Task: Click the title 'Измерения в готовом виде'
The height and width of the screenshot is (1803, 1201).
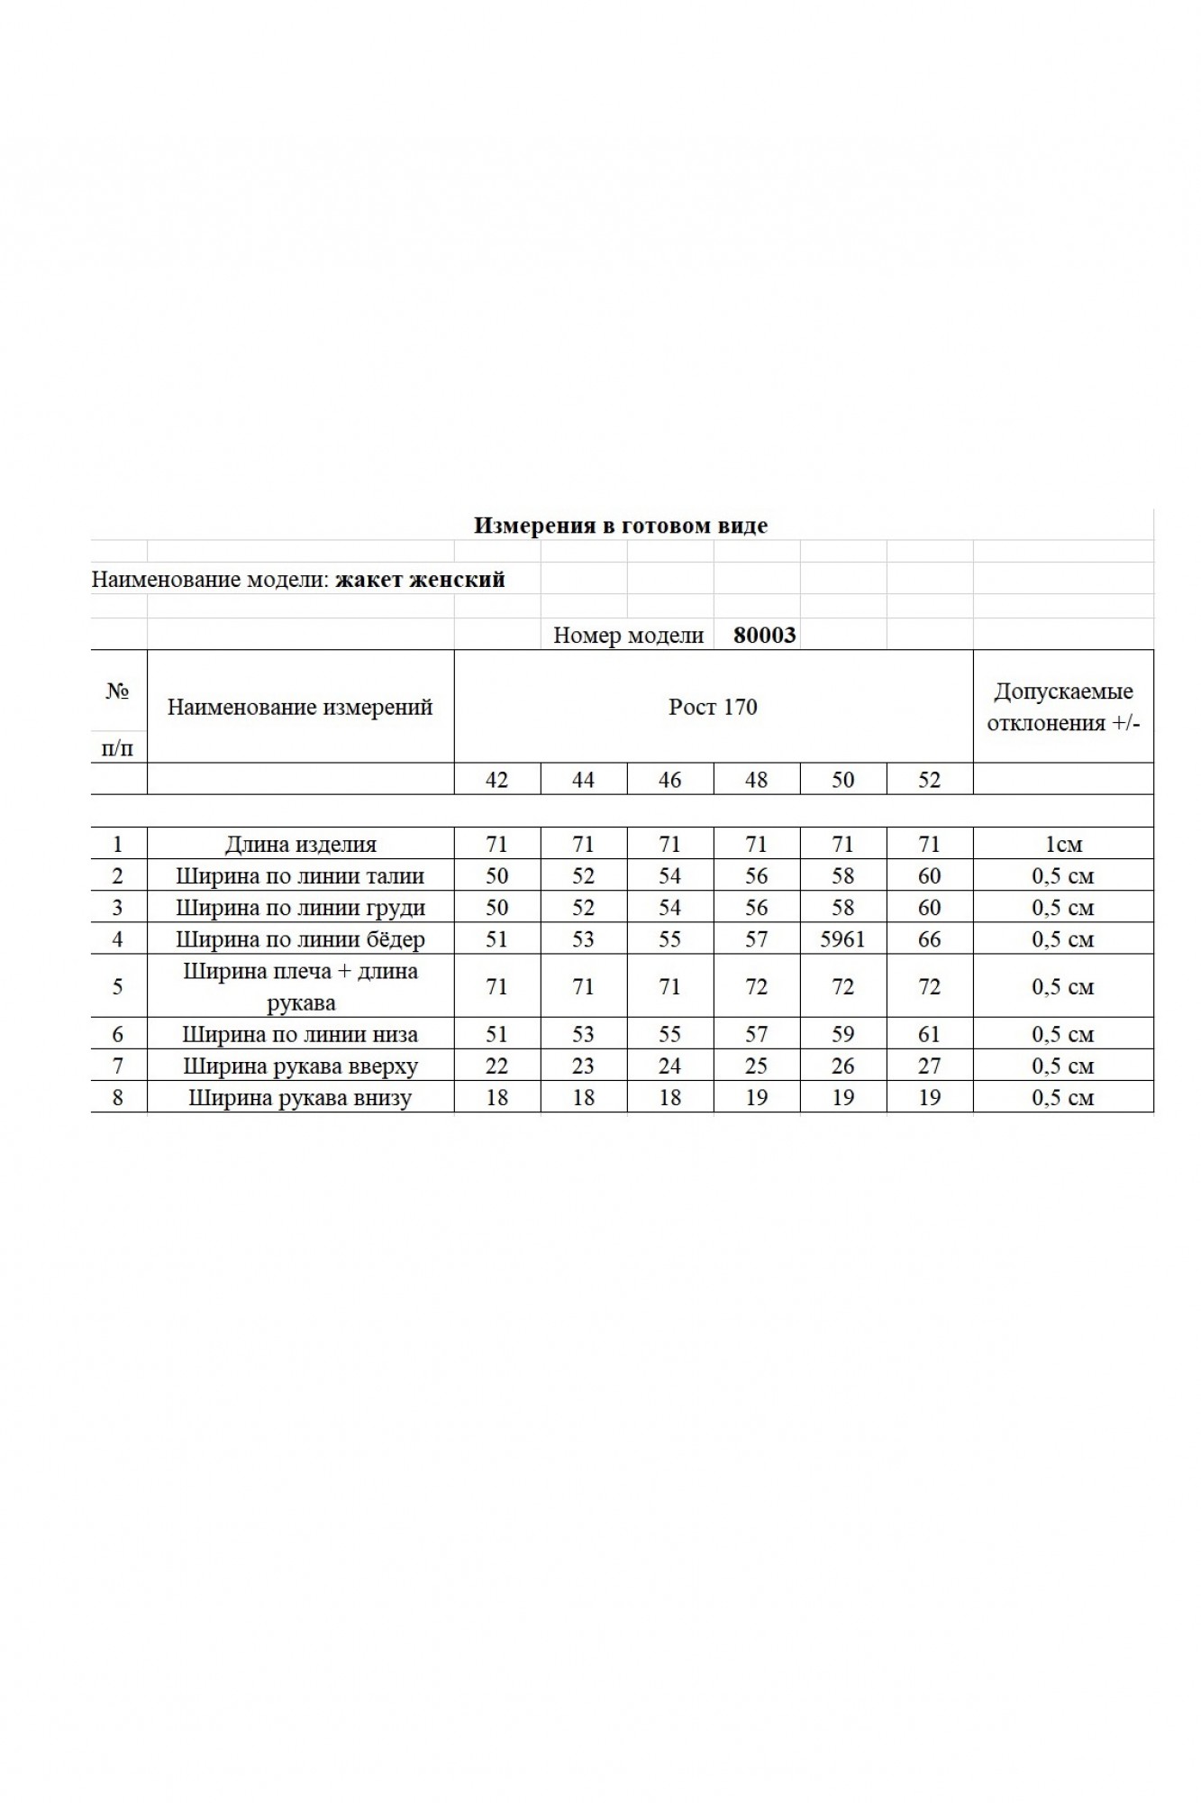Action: pos(621,526)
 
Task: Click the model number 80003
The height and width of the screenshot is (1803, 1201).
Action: pos(765,635)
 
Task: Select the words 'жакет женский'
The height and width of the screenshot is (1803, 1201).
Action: pos(420,579)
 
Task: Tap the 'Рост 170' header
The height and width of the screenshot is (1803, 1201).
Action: pos(713,707)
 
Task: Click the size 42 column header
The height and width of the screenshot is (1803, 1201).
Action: pos(496,779)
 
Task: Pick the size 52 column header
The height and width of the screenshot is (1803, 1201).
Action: pos(929,779)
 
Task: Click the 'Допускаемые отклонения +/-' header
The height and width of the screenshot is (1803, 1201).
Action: pos(1063,708)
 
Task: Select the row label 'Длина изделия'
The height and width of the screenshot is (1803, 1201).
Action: pos(300,845)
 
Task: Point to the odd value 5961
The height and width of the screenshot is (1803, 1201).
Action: pos(842,939)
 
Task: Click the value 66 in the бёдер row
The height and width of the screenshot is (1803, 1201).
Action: pos(929,939)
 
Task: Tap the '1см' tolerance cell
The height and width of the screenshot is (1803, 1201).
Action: pos(1063,845)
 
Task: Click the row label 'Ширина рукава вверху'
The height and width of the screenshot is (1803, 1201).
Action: pos(300,1066)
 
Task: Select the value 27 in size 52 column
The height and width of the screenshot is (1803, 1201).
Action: pos(929,1066)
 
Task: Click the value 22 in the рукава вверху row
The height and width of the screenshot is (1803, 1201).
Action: pos(496,1066)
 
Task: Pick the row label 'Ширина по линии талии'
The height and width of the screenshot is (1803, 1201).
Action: pos(300,876)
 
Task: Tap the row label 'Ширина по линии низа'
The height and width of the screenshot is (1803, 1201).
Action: pos(300,1035)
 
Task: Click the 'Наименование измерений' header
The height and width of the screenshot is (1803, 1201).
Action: pos(300,707)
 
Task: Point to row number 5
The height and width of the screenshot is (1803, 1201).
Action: pos(117,986)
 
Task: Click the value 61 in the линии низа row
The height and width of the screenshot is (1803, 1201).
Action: pos(929,1035)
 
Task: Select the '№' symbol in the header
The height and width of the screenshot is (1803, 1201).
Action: pos(117,691)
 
